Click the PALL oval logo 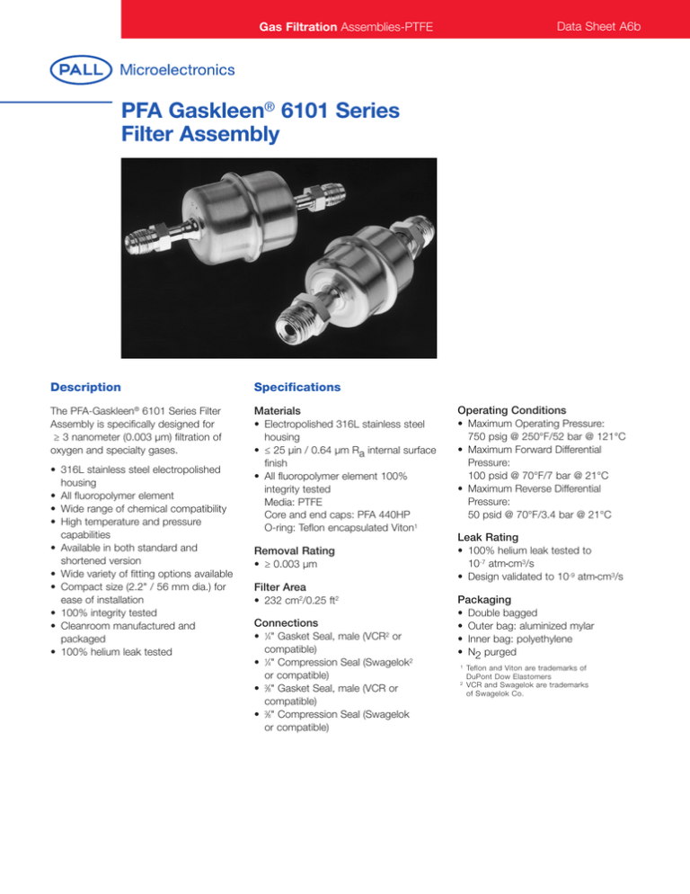(81, 69)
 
